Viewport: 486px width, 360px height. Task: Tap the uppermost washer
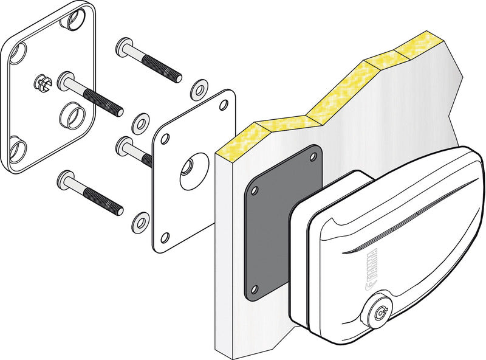tap(198, 89)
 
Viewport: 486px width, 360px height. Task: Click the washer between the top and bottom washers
tap(142, 122)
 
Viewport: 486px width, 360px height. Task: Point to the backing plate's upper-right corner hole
tap(224, 105)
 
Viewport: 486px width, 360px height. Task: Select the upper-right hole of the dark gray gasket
tap(313, 157)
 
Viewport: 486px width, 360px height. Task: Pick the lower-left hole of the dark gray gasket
tap(255, 288)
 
